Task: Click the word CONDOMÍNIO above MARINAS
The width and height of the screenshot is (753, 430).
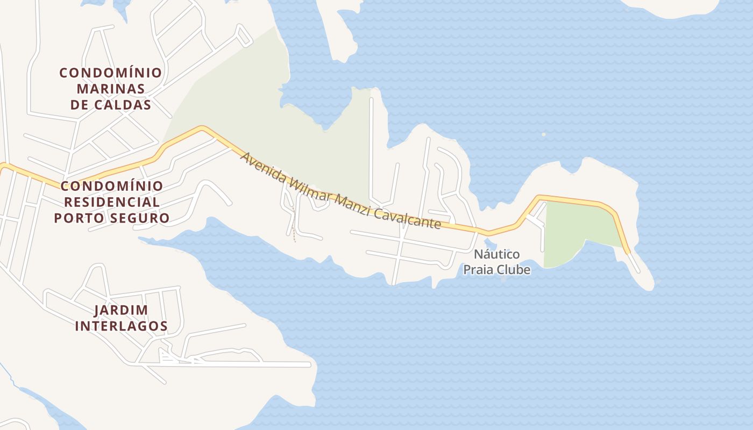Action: click(x=110, y=73)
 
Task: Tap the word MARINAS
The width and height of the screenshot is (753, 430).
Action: click(x=110, y=89)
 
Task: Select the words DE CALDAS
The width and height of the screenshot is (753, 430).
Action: click(x=110, y=105)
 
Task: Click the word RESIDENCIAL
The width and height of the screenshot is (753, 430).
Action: click(x=112, y=202)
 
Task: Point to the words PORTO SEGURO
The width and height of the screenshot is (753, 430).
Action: click(x=112, y=218)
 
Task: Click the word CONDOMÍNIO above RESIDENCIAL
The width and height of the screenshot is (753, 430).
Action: click(x=112, y=187)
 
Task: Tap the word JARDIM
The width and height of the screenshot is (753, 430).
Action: click(x=121, y=310)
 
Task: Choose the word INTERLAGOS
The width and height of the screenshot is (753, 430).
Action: click(x=121, y=326)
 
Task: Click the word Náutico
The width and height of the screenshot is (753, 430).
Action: click(x=496, y=254)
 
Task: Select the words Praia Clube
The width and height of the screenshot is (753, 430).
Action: click(x=496, y=270)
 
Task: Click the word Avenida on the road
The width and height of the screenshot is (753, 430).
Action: click(x=261, y=168)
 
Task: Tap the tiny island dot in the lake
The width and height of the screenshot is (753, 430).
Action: click(x=543, y=134)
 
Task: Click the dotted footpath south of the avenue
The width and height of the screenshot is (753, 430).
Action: click(x=293, y=226)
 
